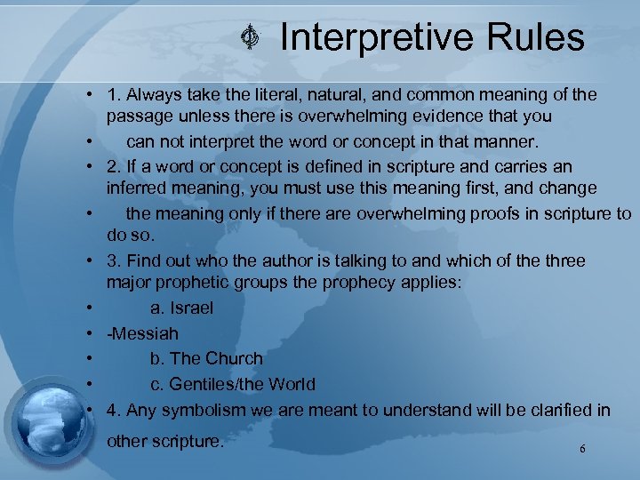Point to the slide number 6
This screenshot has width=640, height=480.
click(x=582, y=450)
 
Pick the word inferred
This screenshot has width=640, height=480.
click(x=139, y=188)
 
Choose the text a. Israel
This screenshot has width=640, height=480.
click(x=181, y=308)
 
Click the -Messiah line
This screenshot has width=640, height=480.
click(x=142, y=333)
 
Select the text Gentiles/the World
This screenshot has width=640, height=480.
click(x=241, y=384)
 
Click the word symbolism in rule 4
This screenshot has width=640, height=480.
click(x=204, y=410)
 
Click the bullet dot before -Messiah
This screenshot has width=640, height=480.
click(x=92, y=334)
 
